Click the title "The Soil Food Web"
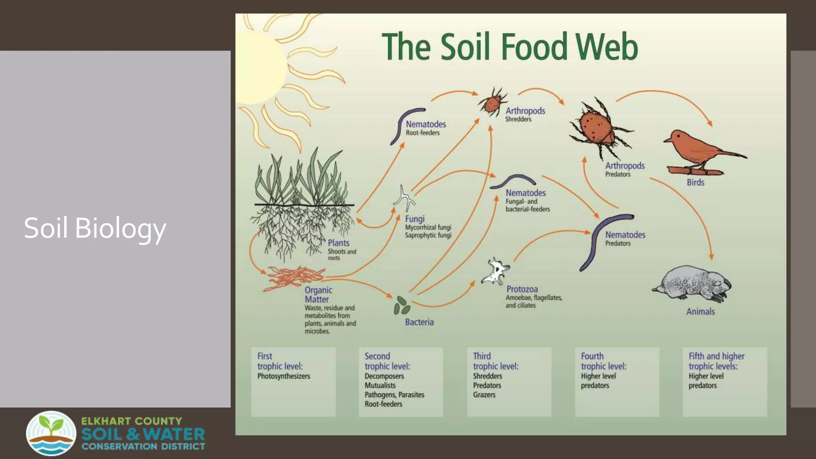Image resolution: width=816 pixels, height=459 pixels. [510, 47]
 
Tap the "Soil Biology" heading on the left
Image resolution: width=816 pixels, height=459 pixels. [95, 228]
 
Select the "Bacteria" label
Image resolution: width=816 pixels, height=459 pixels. [419, 322]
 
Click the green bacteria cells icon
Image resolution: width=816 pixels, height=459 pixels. [402, 306]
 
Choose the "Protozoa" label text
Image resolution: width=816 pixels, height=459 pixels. [522, 289]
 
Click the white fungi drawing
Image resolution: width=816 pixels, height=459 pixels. [405, 198]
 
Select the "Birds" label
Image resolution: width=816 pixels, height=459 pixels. [695, 182]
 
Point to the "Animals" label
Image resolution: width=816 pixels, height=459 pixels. [700, 312]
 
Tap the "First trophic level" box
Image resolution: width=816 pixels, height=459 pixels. [293, 382]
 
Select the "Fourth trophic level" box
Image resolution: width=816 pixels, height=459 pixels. [617, 382]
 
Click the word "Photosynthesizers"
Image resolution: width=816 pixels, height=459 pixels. [284, 376]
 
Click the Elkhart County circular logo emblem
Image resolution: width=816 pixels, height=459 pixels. [51, 433]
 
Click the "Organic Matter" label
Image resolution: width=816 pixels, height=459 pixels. [318, 295]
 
